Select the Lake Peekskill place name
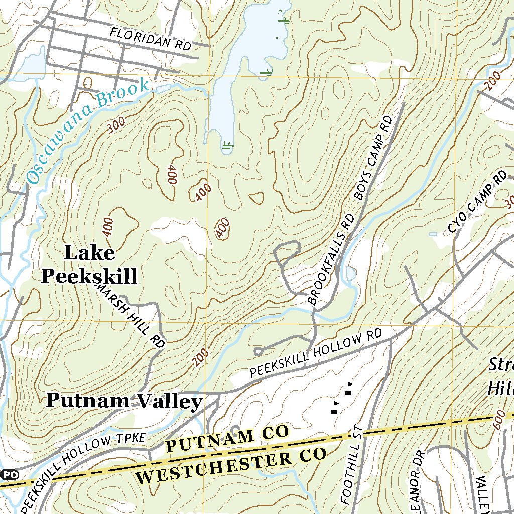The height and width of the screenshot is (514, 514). [x=89, y=264]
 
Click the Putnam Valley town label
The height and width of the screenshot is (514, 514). [x=124, y=401]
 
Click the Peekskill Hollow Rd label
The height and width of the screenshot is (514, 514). [x=316, y=354]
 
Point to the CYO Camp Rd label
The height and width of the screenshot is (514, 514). [x=477, y=203]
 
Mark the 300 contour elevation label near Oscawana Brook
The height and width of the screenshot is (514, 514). [x=116, y=126]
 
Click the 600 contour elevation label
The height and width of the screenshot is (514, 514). [x=497, y=422]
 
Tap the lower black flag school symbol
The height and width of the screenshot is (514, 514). [x=335, y=407]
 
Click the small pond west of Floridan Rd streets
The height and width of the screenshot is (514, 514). [x=33, y=64]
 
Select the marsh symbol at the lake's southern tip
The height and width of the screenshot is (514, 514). [x=227, y=145]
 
